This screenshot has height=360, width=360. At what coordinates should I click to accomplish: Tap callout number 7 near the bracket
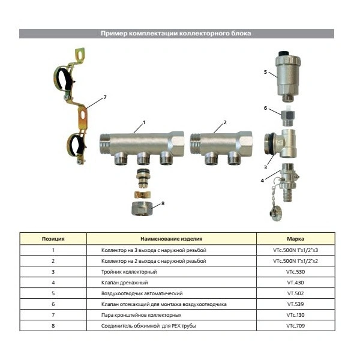[x=105, y=97]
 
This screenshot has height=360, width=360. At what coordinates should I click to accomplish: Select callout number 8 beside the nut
[x=163, y=203]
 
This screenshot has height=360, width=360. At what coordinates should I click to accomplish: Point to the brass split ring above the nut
[x=143, y=194]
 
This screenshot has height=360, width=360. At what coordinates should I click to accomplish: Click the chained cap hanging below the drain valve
[x=275, y=215]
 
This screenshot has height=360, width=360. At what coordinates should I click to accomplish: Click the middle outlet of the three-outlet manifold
[x=143, y=158]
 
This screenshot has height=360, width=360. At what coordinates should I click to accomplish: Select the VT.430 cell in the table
[x=295, y=283]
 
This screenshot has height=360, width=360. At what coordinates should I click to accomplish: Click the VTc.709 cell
[x=295, y=326]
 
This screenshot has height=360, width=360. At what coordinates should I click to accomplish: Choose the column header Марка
[x=295, y=239]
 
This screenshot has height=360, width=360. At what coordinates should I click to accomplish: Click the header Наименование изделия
[x=171, y=239]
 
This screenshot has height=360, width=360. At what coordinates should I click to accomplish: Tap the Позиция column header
[x=53, y=239]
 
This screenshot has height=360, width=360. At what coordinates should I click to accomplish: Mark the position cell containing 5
[x=53, y=293]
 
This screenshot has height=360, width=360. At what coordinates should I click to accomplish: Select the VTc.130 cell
[x=295, y=315]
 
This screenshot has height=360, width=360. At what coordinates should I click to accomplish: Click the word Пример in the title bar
[x=113, y=34]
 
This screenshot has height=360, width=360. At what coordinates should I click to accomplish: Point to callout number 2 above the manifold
[x=225, y=122]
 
